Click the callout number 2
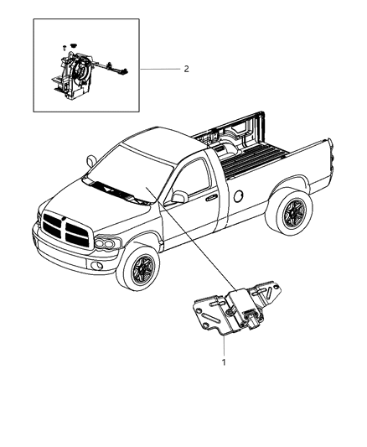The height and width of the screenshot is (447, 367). (x=186, y=69)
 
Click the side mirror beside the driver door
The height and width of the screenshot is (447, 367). (x=177, y=221)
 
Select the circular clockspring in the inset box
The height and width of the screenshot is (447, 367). (x=80, y=67)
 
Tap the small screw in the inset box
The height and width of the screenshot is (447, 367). (x=64, y=48)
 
